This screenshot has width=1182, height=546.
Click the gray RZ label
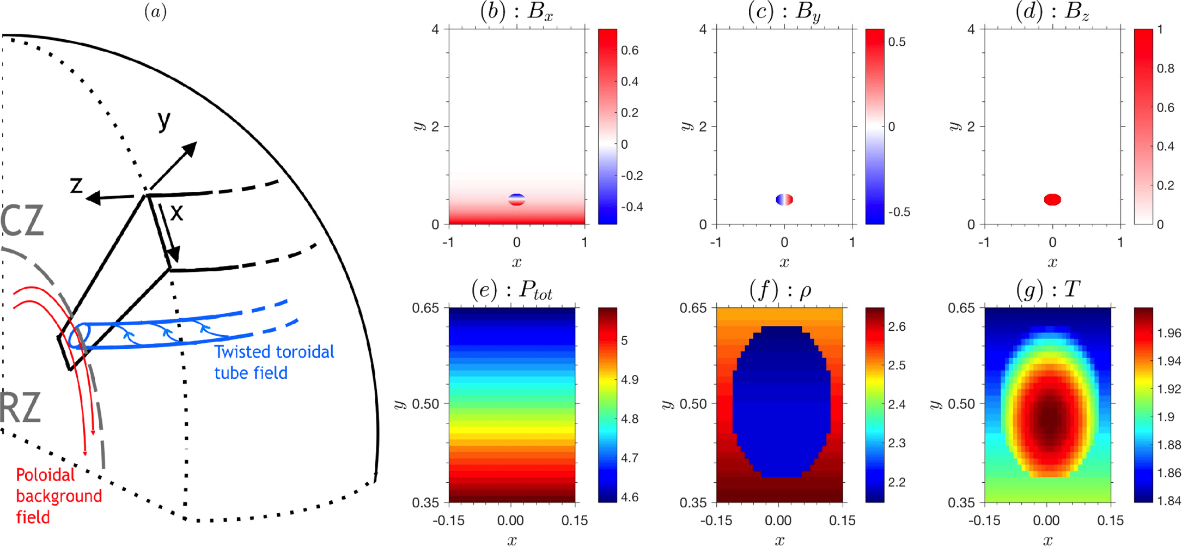[x=21, y=408]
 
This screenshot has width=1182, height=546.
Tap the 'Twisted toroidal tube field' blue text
[x=273, y=362]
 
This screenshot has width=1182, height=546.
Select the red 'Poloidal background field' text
[x=58, y=496]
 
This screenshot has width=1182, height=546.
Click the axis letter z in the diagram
[x=76, y=185]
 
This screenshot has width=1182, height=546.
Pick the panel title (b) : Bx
[x=516, y=12]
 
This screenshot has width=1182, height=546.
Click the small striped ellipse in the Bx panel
[x=516, y=199]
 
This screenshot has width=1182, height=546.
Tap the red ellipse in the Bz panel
[x=1052, y=199]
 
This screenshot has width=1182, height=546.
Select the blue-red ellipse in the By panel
[x=784, y=199]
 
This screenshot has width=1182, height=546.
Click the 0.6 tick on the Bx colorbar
[x=630, y=50]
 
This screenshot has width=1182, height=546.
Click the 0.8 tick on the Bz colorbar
[x=1165, y=69]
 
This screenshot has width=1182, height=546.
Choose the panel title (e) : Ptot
[x=512, y=291]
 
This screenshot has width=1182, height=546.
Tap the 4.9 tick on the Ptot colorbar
[x=630, y=379]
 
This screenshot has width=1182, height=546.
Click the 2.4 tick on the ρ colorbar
[x=897, y=404]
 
